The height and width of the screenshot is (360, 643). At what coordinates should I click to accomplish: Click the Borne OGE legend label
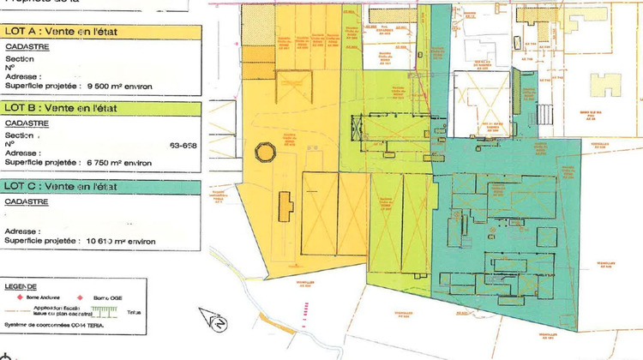pos(108,296)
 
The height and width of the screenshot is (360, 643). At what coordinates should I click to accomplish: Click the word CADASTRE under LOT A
pos(25,48)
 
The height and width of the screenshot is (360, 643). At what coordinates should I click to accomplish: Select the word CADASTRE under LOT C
pos(25,201)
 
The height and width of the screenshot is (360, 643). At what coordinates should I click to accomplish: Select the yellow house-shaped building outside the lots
pos(608,85)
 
